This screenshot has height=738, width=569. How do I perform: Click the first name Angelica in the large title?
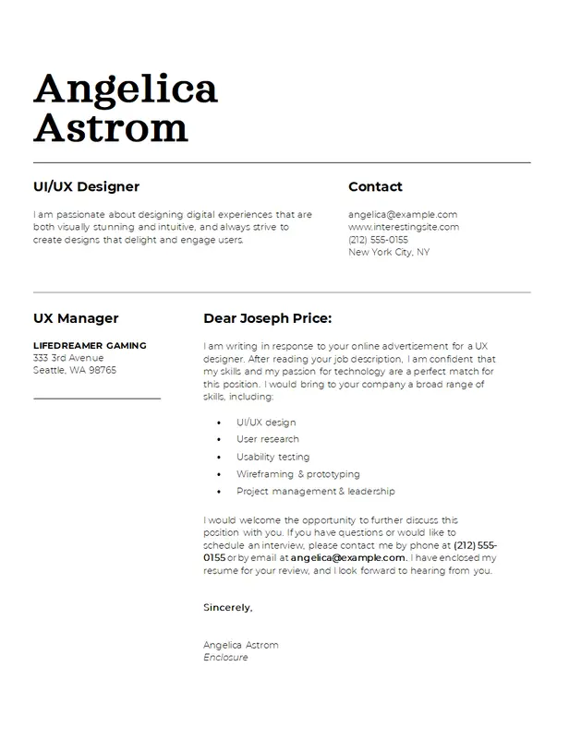(126, 89)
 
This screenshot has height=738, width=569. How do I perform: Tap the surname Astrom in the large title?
(111, 127)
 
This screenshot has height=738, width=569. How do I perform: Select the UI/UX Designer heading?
(86, 186)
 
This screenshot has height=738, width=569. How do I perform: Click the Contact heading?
(375, 186)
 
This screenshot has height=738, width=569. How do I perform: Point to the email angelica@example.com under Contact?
(403, 214)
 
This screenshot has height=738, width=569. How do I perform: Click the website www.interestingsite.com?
(404, 227)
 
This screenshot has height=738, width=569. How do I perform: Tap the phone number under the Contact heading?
(378, 239)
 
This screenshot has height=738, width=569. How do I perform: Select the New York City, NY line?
(388, 252)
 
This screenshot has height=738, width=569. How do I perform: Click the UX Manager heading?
(76, 318)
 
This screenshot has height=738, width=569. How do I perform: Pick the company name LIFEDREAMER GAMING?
(90, 346)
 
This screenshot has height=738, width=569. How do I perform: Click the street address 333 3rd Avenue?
(68, 358)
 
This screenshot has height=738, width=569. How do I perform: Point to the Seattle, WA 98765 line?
(75, 370)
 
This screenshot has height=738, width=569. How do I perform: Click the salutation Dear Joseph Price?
(267, 318)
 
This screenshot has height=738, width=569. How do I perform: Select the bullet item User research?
(268, 439)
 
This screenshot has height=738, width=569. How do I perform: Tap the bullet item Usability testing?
(272, 457)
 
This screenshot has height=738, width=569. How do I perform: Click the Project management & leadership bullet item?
(315, 492)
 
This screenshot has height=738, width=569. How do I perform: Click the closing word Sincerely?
(227, 608)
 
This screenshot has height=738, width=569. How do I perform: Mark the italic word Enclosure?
(226, 658)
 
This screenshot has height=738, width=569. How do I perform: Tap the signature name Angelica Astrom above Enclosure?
(240, 645)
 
